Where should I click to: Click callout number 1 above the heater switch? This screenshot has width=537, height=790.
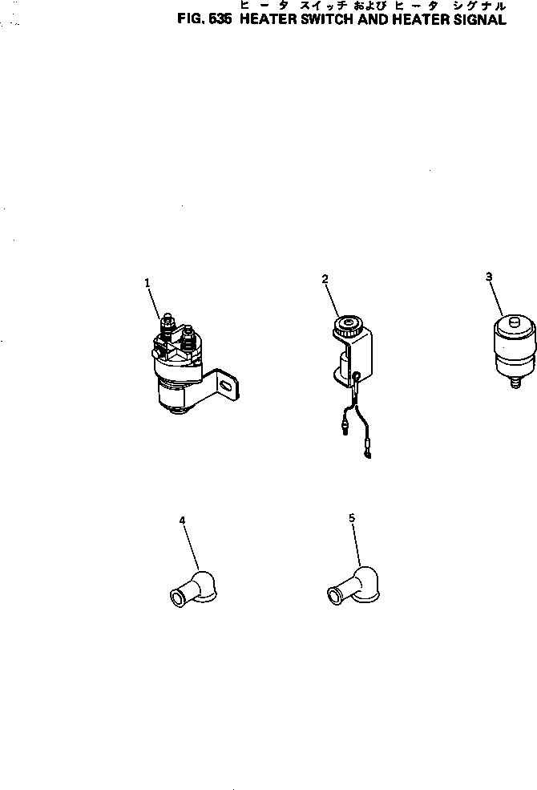coord(147,283)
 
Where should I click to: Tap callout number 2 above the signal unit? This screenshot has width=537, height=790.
coord(325,278)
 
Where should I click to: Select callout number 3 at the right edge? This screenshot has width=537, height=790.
coord(489,277)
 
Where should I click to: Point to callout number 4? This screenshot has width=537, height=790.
coord(182,521)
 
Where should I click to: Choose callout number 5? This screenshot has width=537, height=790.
coord(352,518)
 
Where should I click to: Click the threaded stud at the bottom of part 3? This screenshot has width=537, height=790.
coord(515,383)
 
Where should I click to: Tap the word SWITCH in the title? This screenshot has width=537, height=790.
coord(328,19)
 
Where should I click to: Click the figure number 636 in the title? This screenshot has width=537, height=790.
coord(220,19)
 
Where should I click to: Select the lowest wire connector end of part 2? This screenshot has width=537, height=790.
coord(369,455)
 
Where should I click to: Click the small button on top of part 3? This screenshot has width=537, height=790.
coord(514,321)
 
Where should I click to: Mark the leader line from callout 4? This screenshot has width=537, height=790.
coord(192,548)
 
